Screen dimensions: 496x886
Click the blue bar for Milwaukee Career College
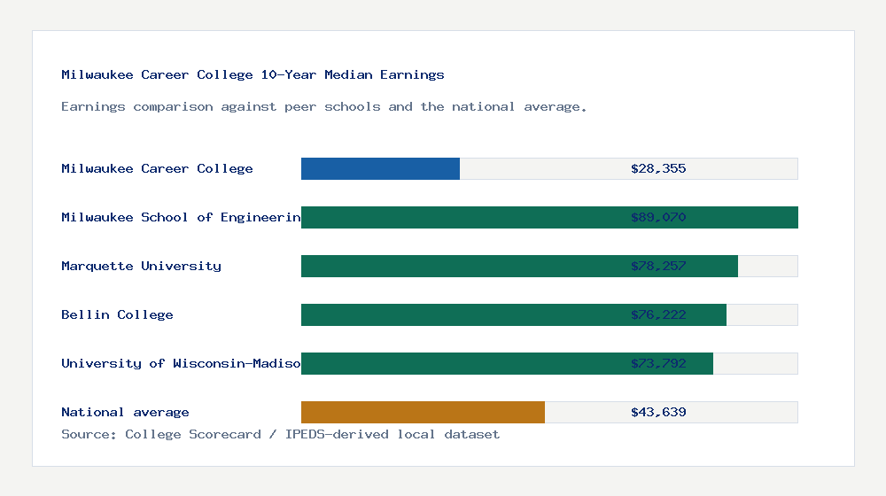pos(380,168)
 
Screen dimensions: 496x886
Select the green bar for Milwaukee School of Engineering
pos(461,217)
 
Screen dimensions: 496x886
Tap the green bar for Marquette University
pos(461,266)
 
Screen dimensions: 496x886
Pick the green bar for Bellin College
pos(461,314)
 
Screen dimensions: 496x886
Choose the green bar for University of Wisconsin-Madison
pos(461,363)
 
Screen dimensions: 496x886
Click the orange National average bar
pos(423,412)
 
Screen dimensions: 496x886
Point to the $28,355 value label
pos(658,168)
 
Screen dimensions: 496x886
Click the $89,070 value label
pos(658,217)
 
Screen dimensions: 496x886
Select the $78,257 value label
pos(658,266)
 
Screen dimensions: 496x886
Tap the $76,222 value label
pos(658,314)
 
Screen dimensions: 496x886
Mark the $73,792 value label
pos(658,363)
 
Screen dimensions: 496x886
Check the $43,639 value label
pos(658,412)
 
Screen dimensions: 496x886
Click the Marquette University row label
pos(141,266)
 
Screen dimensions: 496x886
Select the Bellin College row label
pos(117,314)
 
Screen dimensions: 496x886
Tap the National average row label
pos(125,412)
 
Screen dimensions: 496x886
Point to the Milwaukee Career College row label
pos(157,168)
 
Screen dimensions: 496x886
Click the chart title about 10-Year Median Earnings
pos(253,74)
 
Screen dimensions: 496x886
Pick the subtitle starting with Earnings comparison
pos(324,106)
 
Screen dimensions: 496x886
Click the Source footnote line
pos(280,434)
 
